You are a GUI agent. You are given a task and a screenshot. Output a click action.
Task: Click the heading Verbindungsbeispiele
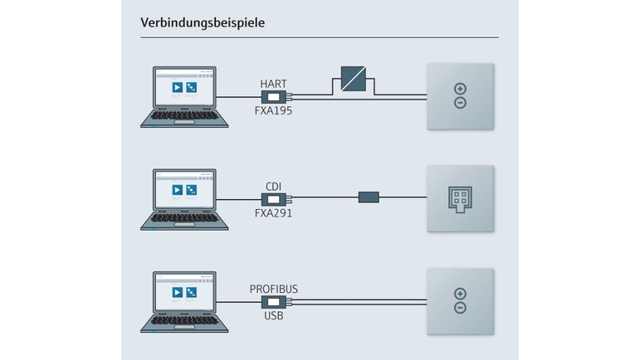203,23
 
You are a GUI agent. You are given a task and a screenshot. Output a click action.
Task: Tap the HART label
273,84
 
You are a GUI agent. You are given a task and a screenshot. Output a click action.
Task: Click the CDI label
273,186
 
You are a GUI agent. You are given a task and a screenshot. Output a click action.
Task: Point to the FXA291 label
273,212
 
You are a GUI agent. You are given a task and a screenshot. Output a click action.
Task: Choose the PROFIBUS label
273,289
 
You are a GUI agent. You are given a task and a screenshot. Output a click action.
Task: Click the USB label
273,315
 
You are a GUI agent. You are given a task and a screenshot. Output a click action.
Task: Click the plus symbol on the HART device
460,90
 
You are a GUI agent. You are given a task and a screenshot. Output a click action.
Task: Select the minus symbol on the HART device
460,103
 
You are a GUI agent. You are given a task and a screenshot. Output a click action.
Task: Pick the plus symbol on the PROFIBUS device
460,294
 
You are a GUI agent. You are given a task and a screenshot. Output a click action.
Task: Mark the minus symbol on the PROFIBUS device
460,308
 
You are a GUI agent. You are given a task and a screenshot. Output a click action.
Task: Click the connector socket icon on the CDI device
460,198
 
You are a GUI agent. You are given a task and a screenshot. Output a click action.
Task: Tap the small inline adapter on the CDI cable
369,197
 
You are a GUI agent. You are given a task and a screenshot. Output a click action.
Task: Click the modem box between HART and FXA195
273,97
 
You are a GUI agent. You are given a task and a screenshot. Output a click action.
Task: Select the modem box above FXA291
273,199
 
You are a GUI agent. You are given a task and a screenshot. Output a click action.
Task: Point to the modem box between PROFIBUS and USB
273,302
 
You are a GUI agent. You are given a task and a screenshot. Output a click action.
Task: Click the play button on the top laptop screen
177,87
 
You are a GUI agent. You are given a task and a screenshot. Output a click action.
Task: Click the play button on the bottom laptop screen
177,292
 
